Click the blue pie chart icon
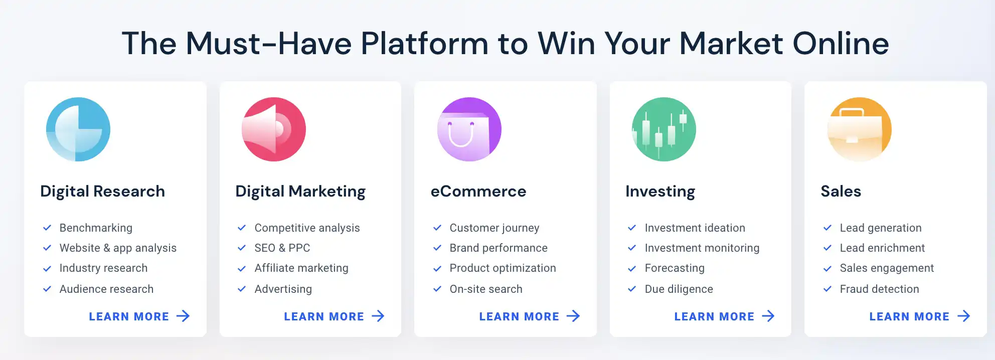78,129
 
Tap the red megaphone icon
274,129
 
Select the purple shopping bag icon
469,129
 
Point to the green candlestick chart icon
664,129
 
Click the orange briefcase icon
860,129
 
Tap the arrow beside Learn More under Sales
963,316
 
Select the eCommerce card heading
478,191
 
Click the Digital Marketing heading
300,192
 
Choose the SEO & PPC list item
282,248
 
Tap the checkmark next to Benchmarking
47,228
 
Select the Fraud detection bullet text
880,289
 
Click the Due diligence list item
679,289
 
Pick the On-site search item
486,289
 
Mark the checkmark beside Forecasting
632,268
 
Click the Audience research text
106,289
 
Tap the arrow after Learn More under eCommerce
573,316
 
